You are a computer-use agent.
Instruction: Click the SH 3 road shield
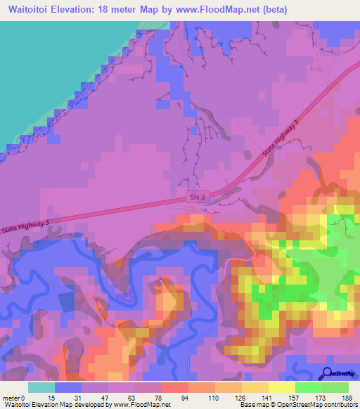[197, 198]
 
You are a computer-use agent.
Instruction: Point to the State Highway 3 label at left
[25, 223]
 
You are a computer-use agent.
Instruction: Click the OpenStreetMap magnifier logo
[328, 372]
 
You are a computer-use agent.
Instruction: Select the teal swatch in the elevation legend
[41, 387]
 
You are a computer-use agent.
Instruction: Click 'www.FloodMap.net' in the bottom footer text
[136, 405]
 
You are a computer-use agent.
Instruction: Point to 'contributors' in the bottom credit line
[340, 405]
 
